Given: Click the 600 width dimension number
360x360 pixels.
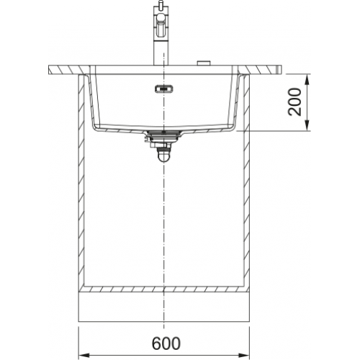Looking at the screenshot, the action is click(x=166, y=343).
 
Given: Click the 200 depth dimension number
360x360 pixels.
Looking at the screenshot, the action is click(x=294, y=102).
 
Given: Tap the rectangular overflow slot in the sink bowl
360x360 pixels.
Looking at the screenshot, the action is click(x=164, y=89).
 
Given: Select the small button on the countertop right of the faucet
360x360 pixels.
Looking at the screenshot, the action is click(x=204, y=63).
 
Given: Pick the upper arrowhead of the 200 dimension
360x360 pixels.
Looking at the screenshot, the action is click(x=307, y=79).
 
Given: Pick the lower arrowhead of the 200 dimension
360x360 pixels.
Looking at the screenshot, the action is click(x=307, y=126).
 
